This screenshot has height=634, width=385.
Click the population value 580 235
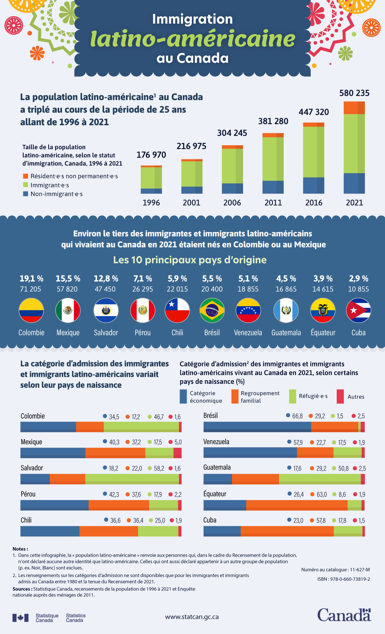pyautogui.click(x=354, y=93)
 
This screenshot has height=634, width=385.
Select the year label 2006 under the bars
pyautogui.click(x=232, y=203)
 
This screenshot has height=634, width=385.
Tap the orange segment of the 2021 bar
pyautogui.click(x=354, y=108)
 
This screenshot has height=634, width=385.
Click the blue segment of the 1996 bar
pyautogui.click(x=151, y=191)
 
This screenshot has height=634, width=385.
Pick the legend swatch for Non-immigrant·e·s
pyautogui.click(x=25, y=194)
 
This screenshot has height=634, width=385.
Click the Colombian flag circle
pyautogui.click(x=31, y=310)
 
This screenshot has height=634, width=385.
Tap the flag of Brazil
pyautogui.click(x=212, y=310)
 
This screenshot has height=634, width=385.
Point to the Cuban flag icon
pyautogui.click(x=358, y=310)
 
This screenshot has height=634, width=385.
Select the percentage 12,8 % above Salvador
pyautogui.click(x=106, y=279)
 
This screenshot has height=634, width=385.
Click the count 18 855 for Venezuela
pyautogui.click(x=248, y=289)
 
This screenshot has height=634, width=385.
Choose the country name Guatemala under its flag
pyautogui.click(x=286, y=333)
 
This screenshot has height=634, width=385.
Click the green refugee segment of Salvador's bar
pyautogui.click(x=132, y=479)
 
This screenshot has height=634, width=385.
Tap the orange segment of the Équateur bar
pyautogui.click(x=297, y=505)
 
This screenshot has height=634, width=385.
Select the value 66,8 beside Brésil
pyautogui.click(x=297, y=416)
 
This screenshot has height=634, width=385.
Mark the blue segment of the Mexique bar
pyautogui.click(x=53, y=453)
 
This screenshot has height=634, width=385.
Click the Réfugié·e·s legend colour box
pyautogui.click(x=292, y=396)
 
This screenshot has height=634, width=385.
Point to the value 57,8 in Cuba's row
pyautogui.click(x=320, y=520)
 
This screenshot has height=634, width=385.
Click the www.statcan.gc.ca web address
pyautogui.click(x=191, y=617)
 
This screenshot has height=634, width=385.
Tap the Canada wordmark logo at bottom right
pyautogui.click(x=344, y=615)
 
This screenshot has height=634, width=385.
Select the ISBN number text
pyautogui.click(x=343, y=579)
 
